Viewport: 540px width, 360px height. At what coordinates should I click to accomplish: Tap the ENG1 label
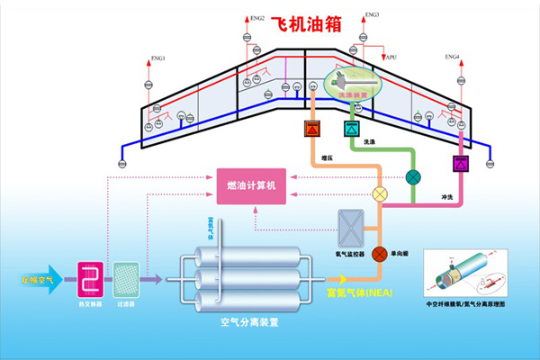158,58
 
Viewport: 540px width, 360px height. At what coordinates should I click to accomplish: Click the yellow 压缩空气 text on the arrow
38,281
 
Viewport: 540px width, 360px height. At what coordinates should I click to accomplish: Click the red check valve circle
380,253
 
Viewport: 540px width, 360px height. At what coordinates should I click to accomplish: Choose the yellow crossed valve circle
380,193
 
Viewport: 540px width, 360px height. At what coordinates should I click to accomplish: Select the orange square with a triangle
313,128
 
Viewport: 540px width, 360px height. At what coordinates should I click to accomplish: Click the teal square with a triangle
349,128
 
